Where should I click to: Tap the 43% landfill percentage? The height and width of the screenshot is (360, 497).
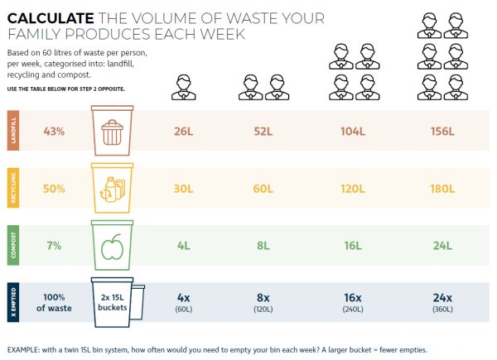54,131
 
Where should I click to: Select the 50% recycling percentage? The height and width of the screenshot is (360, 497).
54,188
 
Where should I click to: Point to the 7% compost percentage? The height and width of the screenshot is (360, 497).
54,246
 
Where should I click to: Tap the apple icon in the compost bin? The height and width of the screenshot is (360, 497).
112,247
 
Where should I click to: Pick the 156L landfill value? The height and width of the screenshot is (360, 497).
442,131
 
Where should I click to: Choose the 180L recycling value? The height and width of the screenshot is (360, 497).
442,188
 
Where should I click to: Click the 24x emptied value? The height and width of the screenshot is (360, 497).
442,298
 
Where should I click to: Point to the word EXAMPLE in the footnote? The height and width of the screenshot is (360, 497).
27,348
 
